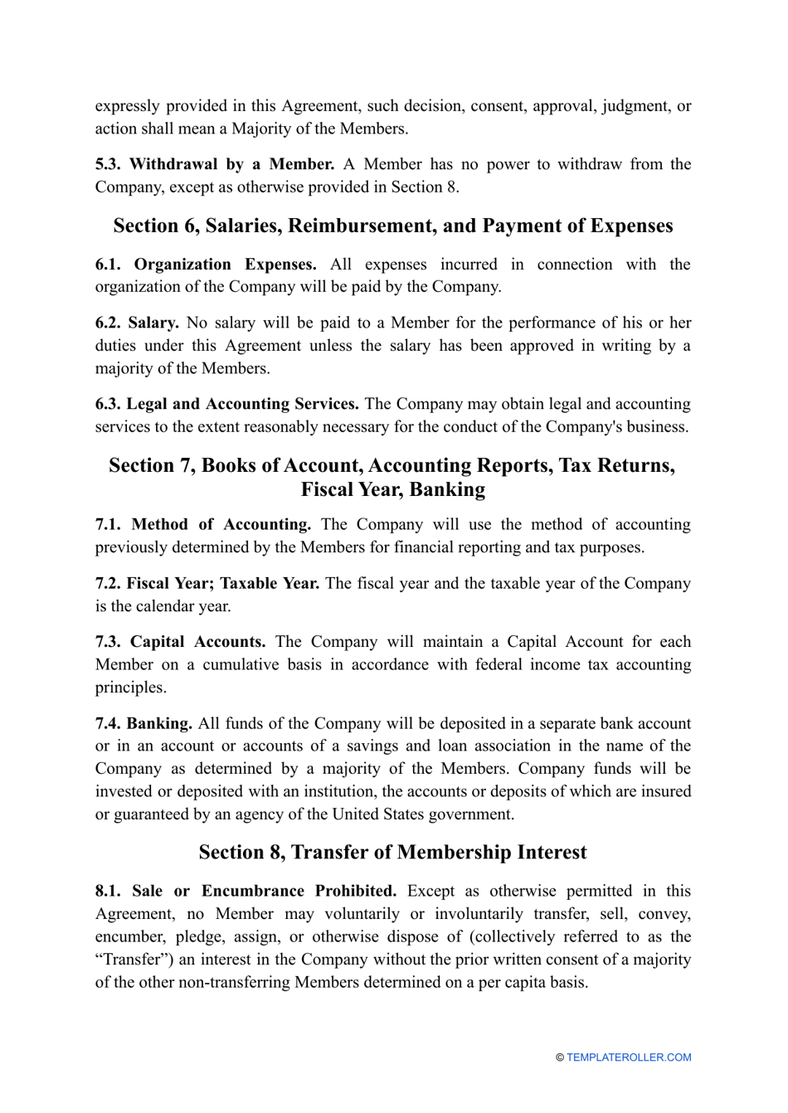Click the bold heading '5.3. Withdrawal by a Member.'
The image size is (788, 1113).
[214, 164]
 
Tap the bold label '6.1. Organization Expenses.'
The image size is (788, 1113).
[205, 265]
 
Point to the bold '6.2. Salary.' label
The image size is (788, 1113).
[137, 323]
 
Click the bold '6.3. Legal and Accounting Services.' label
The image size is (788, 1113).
[226, 404]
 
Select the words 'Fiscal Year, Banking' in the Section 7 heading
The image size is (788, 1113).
[392, 489]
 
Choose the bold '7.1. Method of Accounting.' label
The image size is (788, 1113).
[202, 524]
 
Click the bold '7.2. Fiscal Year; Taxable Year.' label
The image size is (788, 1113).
[207, 583]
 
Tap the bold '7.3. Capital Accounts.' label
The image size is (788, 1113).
[180, 642]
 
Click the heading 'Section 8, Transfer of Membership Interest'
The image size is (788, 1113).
[392, 853]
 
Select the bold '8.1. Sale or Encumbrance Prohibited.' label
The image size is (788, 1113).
[246, 891]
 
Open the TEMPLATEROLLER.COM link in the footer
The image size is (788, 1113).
[629, 1057]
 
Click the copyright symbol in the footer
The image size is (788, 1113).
[560, 1057]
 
